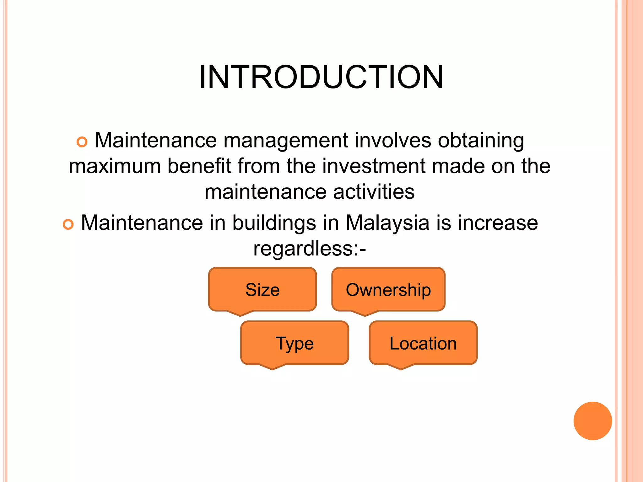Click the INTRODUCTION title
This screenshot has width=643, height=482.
click(x=321, y=77)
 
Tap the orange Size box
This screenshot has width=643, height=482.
click(x=262, y=289)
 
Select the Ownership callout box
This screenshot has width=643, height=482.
click(x=388, y=289)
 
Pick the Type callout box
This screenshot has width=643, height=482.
click(x=294, y=343)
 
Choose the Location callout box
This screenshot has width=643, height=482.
click(x=423, y=343)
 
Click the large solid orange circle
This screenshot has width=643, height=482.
click(x=592, y=421)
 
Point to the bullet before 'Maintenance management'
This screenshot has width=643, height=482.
click(x=82, y=142)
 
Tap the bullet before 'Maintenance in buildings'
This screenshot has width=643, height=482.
click(x=68, y=224)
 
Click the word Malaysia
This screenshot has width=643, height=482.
click(x=387, y=223)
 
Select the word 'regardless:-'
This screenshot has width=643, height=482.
click(x=310, y=249)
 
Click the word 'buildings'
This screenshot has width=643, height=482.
click(x=274, y=223)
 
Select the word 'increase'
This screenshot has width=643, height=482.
click(x=498, y=223)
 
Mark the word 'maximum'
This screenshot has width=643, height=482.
click(x=115, y=166)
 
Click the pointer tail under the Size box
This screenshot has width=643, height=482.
click(x=240, y=313)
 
